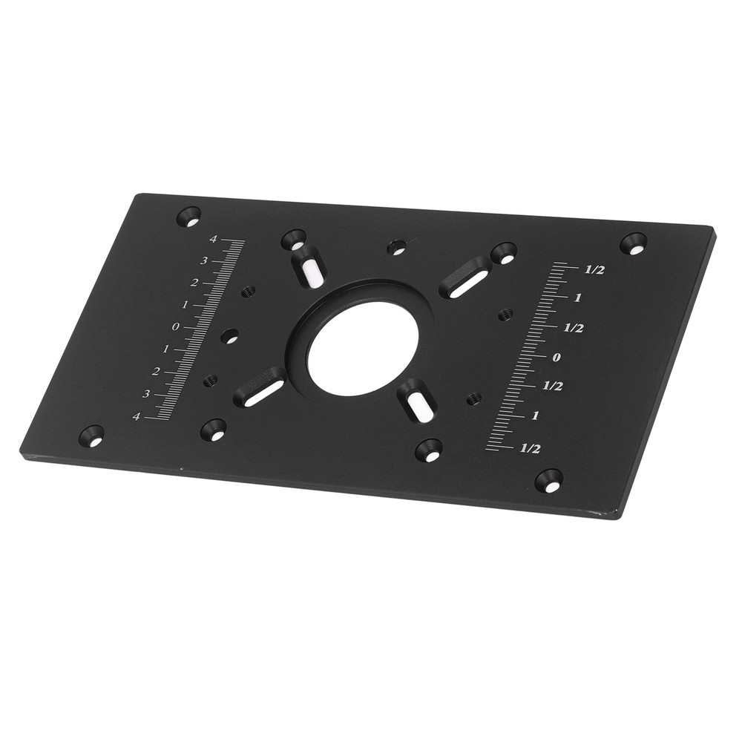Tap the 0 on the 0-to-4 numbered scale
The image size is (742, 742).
coord(176,326)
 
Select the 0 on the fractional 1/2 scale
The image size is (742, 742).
coord(557,357)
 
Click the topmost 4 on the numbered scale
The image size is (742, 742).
coord(213,239)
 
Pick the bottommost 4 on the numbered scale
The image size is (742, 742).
coord(136,416)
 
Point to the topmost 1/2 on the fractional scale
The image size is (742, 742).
coord(594,270)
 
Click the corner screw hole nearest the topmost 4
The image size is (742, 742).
coord(188,217)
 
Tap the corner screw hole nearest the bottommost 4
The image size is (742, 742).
coord(91,436)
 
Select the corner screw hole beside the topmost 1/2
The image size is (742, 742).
coord(634,242)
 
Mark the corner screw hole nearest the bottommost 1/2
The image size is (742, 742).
coord(549,480)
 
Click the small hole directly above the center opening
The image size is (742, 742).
coord(398,247)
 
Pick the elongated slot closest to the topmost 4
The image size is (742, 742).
coord(309,266)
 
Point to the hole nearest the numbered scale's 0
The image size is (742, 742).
coord(230,336)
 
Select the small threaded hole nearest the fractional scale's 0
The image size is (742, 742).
coord(505,315)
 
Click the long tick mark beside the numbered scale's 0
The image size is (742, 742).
coord(194,327)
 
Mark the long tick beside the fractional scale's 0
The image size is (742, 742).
coord(536,356)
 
